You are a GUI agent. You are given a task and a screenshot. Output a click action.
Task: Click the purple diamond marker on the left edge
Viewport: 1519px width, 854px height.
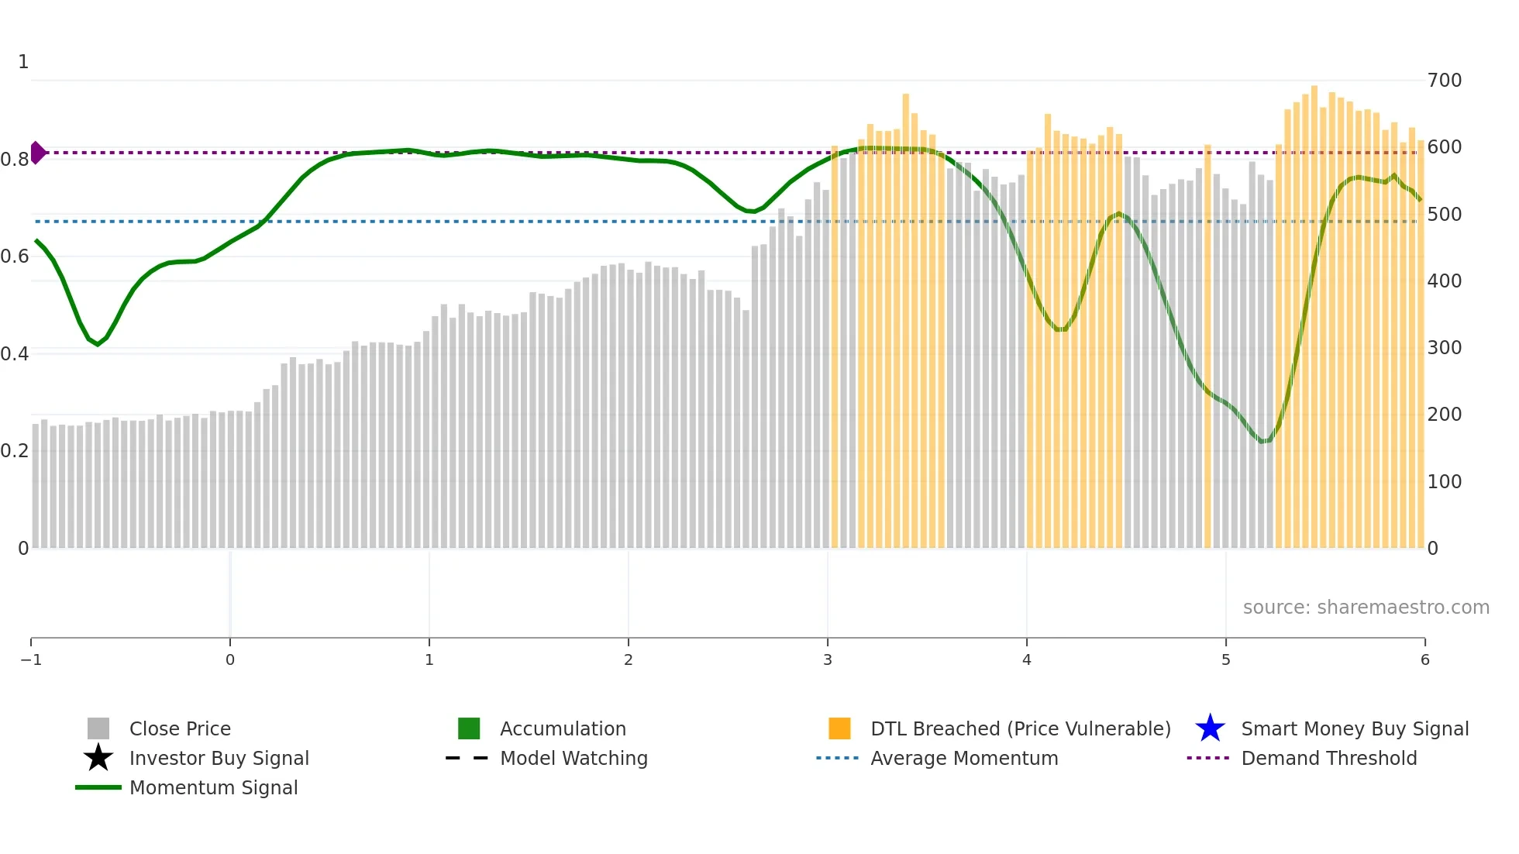(37, 153)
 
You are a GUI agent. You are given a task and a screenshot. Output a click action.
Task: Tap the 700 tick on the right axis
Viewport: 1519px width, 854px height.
(1444, 81)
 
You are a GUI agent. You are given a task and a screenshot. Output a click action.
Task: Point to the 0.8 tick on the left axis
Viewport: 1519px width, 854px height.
(15, 160)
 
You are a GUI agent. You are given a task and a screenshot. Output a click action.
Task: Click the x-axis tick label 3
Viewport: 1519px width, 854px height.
(827, 659)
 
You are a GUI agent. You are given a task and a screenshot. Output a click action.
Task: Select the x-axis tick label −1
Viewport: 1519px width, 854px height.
(31, 659)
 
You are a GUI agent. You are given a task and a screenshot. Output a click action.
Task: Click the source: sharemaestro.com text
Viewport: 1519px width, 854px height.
(1366, 607)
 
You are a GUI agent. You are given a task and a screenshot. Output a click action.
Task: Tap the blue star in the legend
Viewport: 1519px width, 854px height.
(1210, 728)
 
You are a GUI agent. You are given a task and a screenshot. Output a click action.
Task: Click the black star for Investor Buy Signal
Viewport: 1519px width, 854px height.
(98, 758)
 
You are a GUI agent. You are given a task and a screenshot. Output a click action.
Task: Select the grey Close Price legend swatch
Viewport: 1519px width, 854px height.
(98, 728)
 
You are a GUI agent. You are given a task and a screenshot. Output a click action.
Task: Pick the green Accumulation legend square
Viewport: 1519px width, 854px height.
(469, 728)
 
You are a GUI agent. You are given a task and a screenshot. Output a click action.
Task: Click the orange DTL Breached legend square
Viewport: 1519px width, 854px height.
(839, 728)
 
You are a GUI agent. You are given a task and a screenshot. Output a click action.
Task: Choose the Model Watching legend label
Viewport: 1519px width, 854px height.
(573, 758)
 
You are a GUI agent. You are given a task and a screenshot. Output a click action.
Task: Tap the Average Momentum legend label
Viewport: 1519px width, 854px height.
(964, 758)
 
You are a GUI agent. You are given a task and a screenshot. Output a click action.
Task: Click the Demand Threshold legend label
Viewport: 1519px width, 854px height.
(1328, 758)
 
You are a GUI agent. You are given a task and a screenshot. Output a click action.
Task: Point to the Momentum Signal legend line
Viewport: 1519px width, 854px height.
(98, 787)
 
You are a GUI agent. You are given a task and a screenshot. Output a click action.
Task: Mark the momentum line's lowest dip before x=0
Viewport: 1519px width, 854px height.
(98, 344)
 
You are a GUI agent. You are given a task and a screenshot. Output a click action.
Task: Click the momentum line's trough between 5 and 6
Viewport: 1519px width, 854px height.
(1263, 442)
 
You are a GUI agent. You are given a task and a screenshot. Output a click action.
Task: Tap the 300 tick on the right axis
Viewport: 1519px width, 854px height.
(1444, 348)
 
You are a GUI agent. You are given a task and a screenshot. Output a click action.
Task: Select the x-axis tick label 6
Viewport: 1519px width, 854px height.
(1424, 659)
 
